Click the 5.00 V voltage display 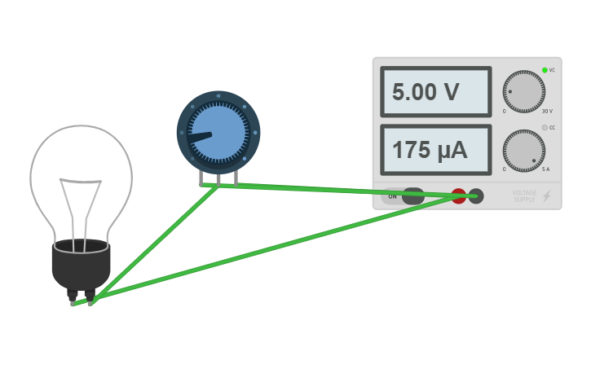(x=435, y=92)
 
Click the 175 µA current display (x=435, y=150)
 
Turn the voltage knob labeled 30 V (x=524, y=91)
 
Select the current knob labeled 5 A (x=524, y=151)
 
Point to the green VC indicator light (x=545, y=70)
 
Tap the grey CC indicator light (x=545, y=128)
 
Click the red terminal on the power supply (x=459, y=195)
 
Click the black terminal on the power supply (x=477, y=195)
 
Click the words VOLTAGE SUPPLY (x=524, y=196)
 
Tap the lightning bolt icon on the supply (x=547, y=196)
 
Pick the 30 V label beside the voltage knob (x=546, y=111)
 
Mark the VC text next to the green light (x=552, y=71)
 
